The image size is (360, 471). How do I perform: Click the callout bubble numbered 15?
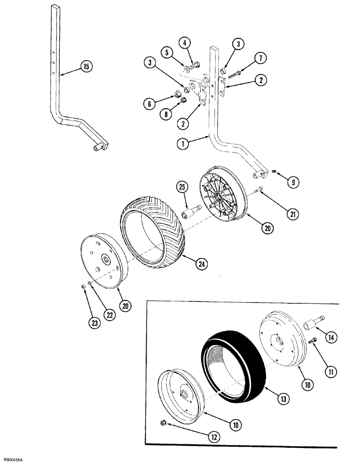tap(87, 67)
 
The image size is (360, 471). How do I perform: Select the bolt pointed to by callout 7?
tap(236, 73)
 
